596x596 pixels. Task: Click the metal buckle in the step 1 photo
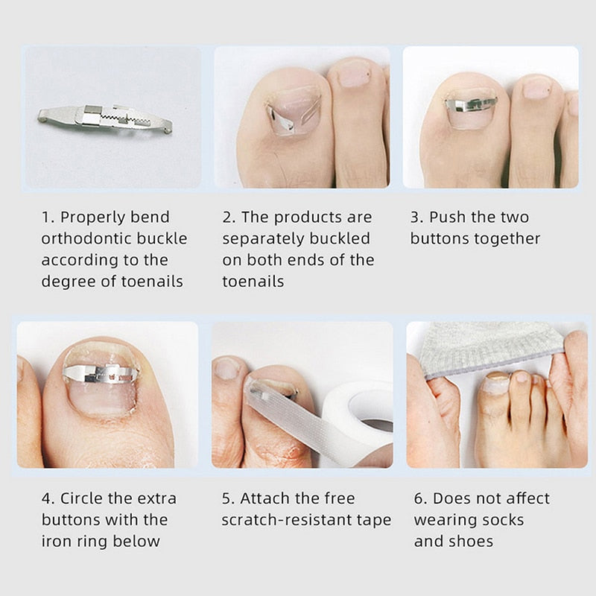pyautogui.click(x=105, y=118)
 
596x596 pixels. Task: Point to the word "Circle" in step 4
pyautogui.click(x=86, y=498)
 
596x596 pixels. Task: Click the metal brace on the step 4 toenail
pyautogui.click(x=100, y=372)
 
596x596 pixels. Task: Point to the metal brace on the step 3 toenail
pyautogui.click(x=470, y=104)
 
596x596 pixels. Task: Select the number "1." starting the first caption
pyautogui.click(x=48, y=218)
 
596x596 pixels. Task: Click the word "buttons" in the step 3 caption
pyautogui.click(x=438, y=239)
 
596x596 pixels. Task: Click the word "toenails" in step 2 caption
pyautogui.click(x=253, y=282)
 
